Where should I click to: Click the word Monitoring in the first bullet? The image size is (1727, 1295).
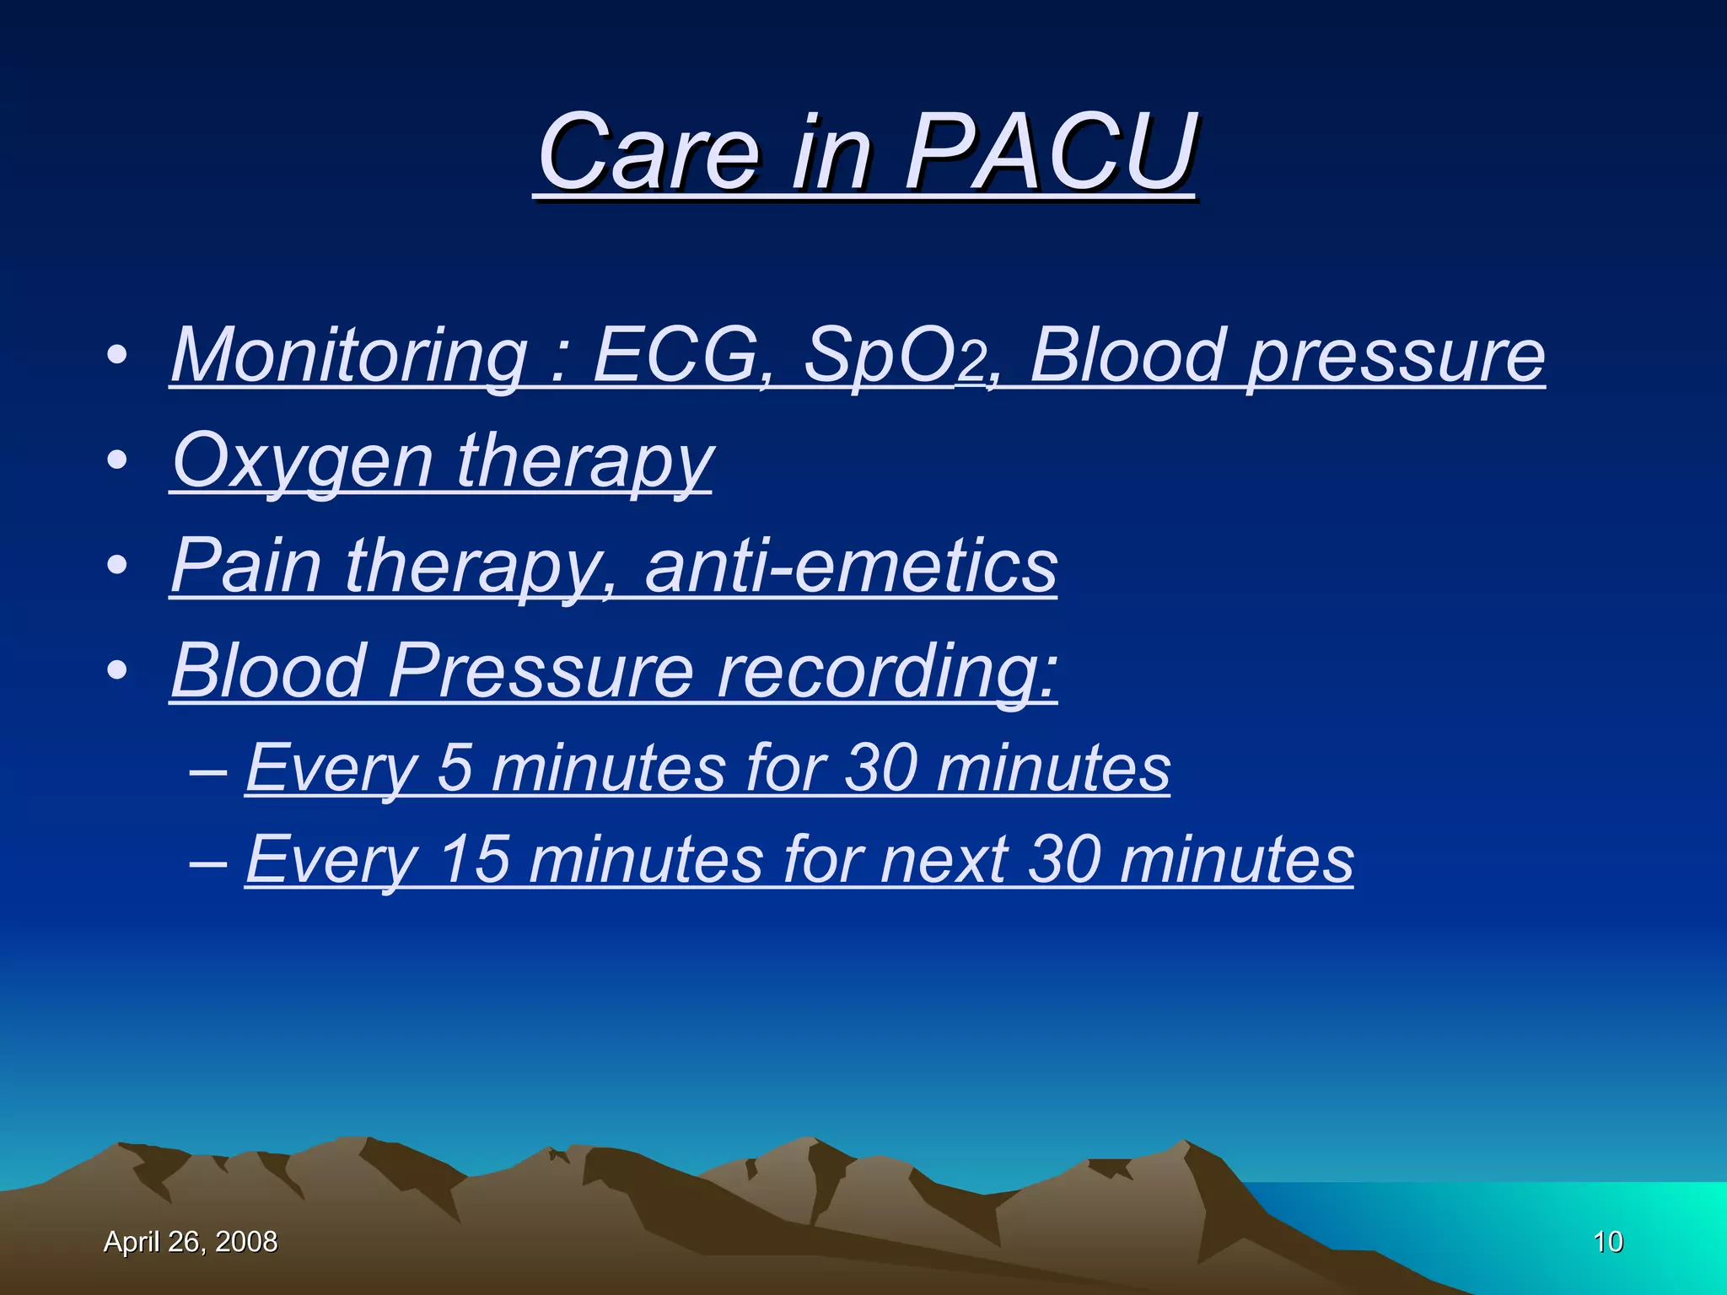(349, 356)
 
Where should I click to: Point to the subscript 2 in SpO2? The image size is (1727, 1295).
(972, 365)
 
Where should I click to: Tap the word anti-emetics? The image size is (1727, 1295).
(851, 566)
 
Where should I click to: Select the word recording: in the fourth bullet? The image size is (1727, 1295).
(886, 671)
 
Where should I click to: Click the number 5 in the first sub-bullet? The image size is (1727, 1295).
(455, 768)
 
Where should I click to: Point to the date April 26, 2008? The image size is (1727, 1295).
(191, 1242)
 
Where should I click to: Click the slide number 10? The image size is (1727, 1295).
(1608, 1242)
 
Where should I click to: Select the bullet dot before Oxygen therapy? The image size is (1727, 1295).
(118, 460)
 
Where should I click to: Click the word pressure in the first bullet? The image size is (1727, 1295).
(1396, 356)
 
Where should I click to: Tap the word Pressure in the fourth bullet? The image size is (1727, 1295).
(541, 671)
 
